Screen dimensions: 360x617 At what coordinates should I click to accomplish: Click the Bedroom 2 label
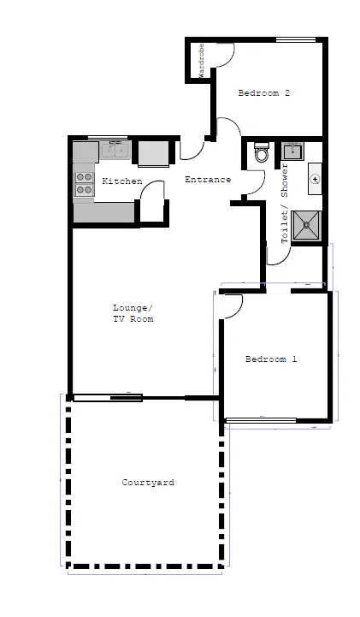(x=263, y=93)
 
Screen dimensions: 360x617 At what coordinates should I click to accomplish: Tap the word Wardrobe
(x=201, y=61)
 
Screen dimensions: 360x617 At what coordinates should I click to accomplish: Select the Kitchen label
(x=122, y=181)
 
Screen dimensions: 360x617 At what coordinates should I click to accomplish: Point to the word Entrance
(x=208, y=180)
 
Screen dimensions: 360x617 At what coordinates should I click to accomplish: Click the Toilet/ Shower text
(x=285, y=204)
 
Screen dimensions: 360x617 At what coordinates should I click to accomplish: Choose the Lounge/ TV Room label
(x=133, y=313)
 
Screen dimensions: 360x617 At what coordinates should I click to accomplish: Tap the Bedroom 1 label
(x=271, y=359)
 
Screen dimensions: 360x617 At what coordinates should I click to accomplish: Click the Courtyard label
(x=148, y=483)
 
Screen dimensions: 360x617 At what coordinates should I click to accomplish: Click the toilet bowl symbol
(x=262, y=151)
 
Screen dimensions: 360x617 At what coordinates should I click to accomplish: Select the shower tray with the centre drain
(x=306, y=225)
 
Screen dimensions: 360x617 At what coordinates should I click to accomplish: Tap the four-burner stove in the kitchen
(x=84, y=184)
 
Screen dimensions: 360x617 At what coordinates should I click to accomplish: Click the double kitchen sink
(x=115, y=150)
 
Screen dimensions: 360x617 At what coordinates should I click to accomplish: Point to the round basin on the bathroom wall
(x=315, y=179)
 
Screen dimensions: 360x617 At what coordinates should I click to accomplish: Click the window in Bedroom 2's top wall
(x=296, y=39)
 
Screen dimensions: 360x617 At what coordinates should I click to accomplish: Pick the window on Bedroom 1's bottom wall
(x=262, y=420)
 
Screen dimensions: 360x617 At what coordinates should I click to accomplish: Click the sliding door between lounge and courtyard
(x=108, y=398)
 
